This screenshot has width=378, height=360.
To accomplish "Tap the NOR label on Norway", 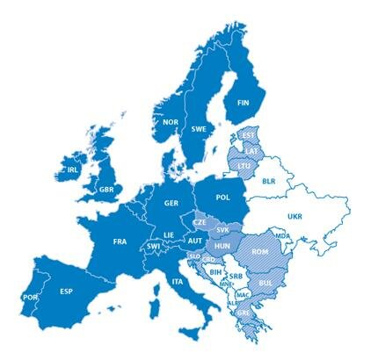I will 171,122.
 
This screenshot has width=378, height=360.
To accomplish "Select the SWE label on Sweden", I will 199,128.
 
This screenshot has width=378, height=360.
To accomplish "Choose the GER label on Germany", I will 171,203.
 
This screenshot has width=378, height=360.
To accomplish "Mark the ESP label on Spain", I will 65,292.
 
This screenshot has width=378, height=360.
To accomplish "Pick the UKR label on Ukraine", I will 294,216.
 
